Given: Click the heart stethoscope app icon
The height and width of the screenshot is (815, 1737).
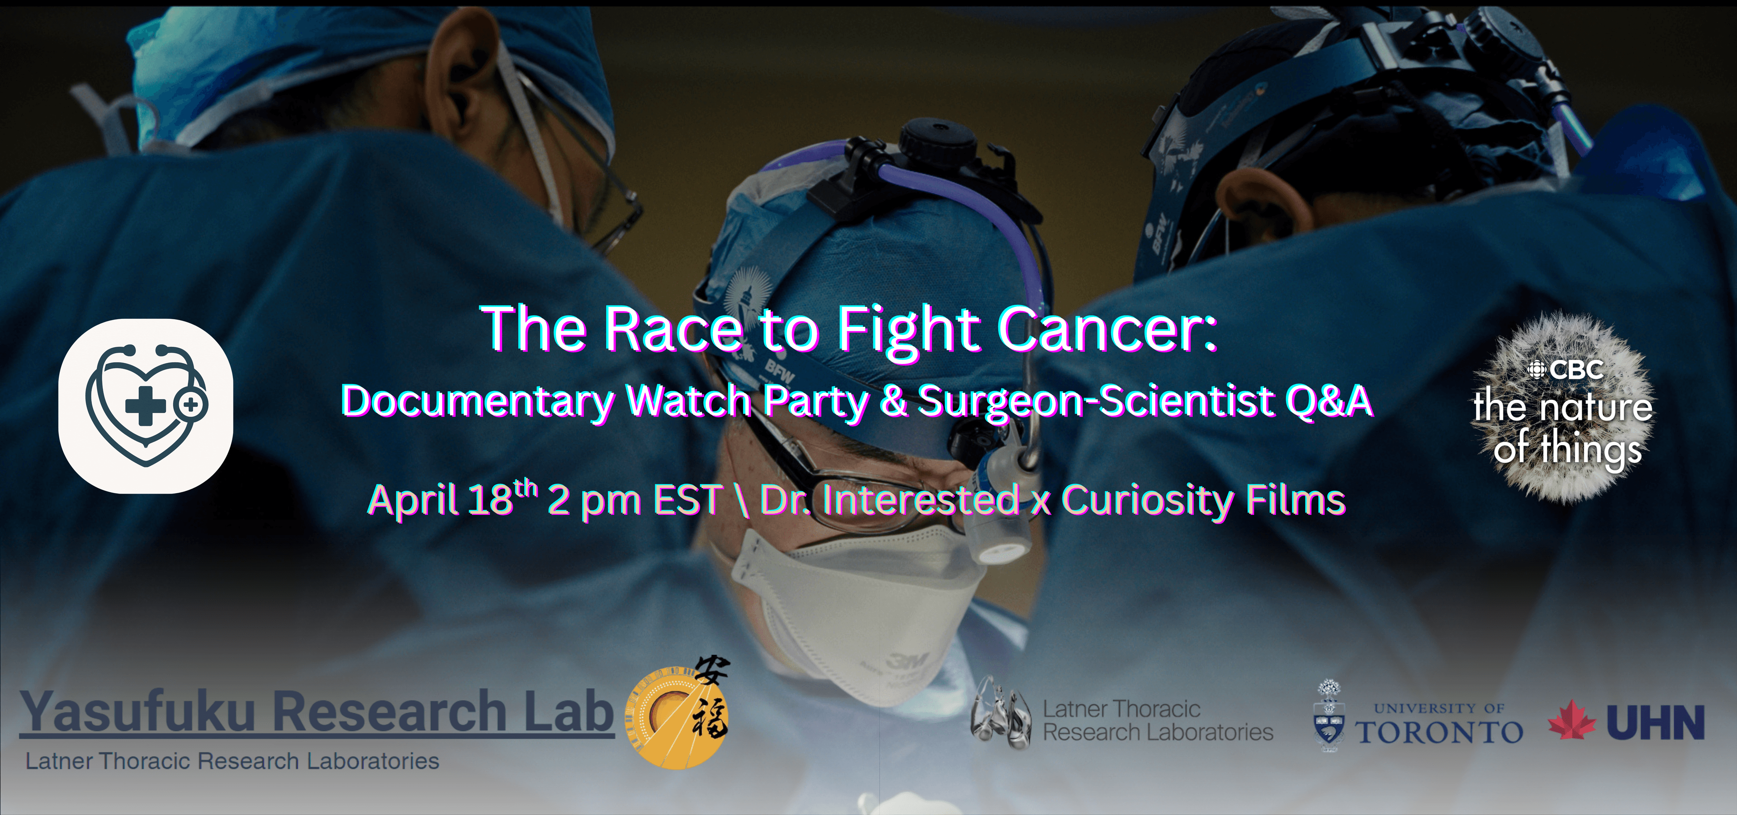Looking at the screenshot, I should coord(146,406).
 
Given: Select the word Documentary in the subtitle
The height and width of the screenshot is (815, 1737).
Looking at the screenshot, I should coord(477,402).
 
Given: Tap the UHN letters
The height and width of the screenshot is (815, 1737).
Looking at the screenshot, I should coord(1656,723).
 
